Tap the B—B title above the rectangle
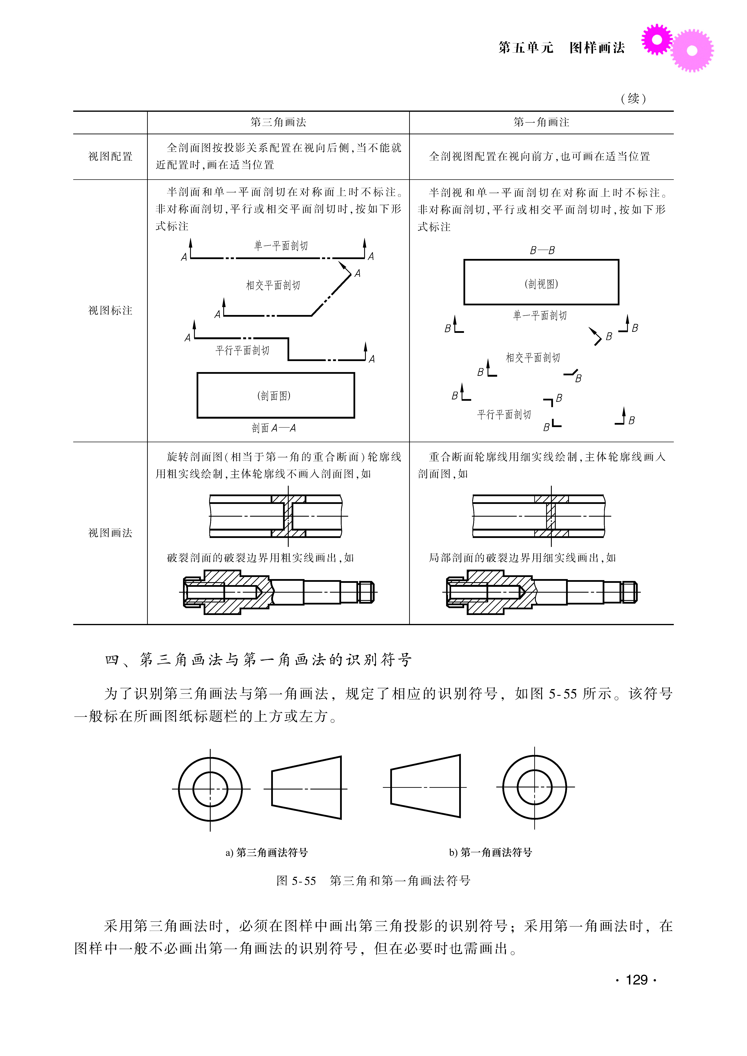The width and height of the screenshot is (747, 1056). tap(542, 250)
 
